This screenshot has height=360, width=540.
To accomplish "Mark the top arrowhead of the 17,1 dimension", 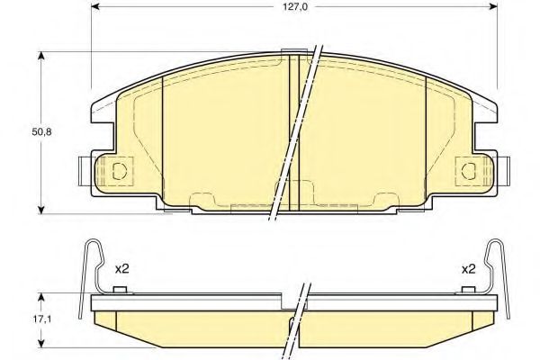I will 41,298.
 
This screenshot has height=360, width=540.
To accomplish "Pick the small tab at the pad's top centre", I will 293,50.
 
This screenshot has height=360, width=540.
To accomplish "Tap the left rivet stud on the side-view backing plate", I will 121,289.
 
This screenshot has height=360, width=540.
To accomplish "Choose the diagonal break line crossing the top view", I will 297,130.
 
